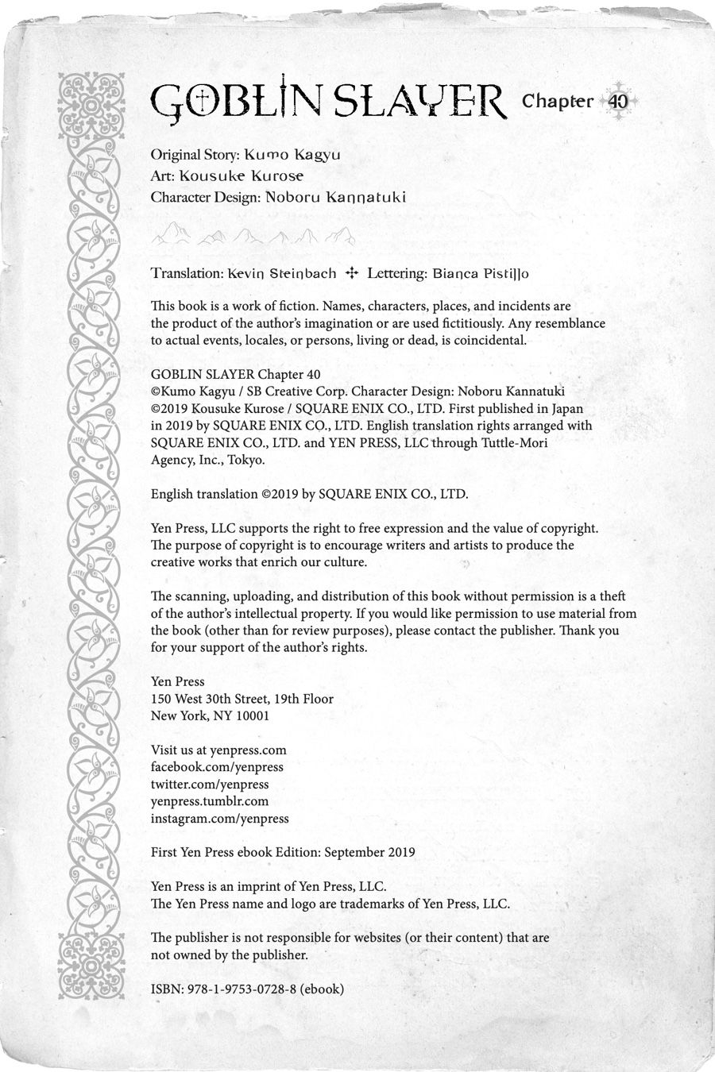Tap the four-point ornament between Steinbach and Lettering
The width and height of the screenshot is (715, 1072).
pos(352,273)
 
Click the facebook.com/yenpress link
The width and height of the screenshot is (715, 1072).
pos(217,767)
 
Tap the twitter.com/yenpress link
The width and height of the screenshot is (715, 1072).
pos(210,785)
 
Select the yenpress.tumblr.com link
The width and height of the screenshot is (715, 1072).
pos(210,801)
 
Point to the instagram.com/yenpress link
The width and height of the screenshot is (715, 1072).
pos(220,819)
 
